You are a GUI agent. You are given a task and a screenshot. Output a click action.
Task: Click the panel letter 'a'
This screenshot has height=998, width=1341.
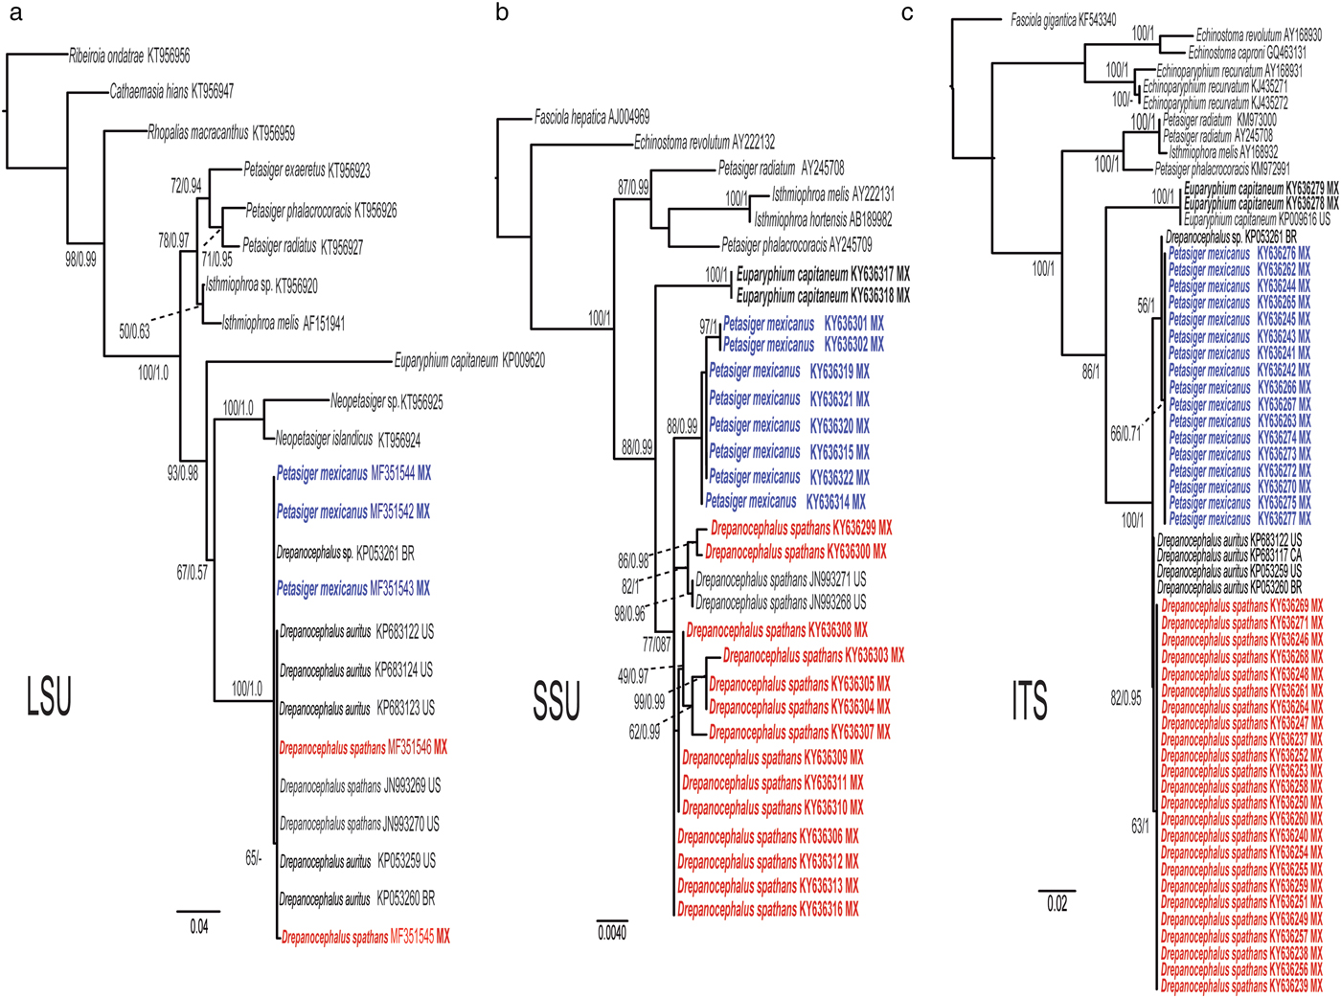(x=15, y=13)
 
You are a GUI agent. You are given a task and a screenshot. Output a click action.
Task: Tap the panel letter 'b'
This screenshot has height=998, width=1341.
(x=502, y=12)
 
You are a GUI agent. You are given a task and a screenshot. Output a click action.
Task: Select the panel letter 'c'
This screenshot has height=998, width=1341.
(x=907, y=12)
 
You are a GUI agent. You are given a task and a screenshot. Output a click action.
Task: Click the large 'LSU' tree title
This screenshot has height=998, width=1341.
(x=49, y=696)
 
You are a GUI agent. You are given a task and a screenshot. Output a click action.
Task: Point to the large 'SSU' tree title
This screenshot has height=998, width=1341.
(x=557, y=700)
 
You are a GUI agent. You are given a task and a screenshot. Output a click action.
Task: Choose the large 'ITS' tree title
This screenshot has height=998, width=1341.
(x=1030, y=700)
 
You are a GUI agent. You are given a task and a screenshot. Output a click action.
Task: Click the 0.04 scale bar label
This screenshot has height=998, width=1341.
(x=198, y=927)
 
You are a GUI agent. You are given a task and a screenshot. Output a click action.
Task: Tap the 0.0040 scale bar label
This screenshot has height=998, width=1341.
(x=612, y=933)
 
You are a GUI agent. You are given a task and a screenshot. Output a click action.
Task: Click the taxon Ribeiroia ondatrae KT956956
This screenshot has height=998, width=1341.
(x=129, y=57)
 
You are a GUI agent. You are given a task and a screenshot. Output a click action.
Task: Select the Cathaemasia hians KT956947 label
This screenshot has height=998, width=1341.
(x=171, y=92)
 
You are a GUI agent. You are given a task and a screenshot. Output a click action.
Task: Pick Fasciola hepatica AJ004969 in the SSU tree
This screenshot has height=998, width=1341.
(x=592, y=118)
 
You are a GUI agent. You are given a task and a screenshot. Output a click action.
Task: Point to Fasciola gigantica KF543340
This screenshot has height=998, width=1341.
(x=1063, y=19)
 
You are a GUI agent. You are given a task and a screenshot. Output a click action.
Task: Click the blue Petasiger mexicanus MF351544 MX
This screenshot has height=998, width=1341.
(x=353, y=474)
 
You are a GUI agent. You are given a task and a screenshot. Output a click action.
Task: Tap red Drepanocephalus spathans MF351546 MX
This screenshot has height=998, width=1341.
(x=363, y=748)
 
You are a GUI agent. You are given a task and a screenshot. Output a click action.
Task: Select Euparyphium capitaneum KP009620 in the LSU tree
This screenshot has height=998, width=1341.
(x=469, y=361)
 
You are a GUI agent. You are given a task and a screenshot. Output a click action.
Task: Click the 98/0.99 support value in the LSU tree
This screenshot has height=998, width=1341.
(x=80, y=260)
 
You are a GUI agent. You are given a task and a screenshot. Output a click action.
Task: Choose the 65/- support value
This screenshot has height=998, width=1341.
(x=253, y=859)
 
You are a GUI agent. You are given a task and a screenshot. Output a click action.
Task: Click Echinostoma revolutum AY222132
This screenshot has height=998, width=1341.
(x=704, y=143)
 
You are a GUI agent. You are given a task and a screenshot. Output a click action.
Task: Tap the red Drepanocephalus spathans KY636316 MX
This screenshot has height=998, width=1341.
(x=768, y=910)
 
